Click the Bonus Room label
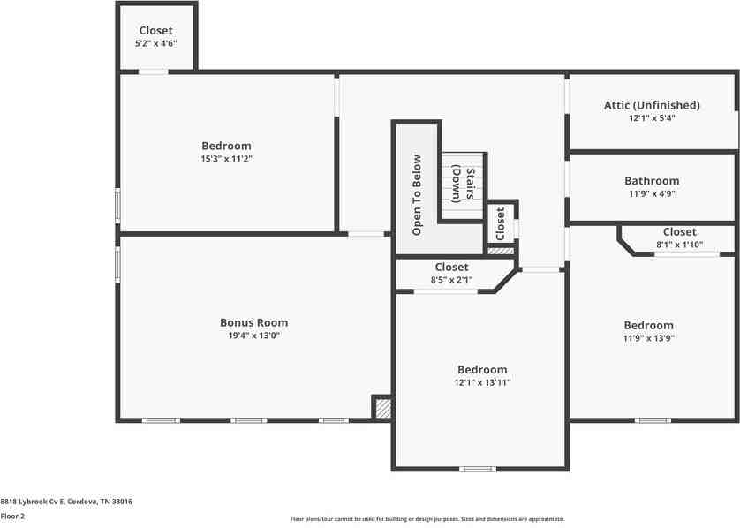tap(254, 323)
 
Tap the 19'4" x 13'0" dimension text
tap(254, 336)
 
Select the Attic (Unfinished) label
tap(652, 105)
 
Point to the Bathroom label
tap(652, 181)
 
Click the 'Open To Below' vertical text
tap(417, 195)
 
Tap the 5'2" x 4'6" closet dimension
tap(155, 43)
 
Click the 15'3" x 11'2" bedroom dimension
tap(227, 159)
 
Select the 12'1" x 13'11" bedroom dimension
tap(482, 382)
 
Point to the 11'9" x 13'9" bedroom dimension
tap(648, 338)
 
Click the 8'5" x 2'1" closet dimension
tap(451, 279)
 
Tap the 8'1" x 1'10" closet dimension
tap(680, 245)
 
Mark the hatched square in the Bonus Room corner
tap(383, 409)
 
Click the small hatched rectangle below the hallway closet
tap(501, 251)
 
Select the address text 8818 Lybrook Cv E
tap(32, 502)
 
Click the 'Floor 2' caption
tap(12, 517)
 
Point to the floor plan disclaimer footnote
tap(427, 519)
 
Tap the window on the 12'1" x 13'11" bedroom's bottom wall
tap(478, 469)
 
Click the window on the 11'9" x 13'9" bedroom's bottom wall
tap(653, 420)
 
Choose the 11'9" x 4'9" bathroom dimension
tap(652, 193)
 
